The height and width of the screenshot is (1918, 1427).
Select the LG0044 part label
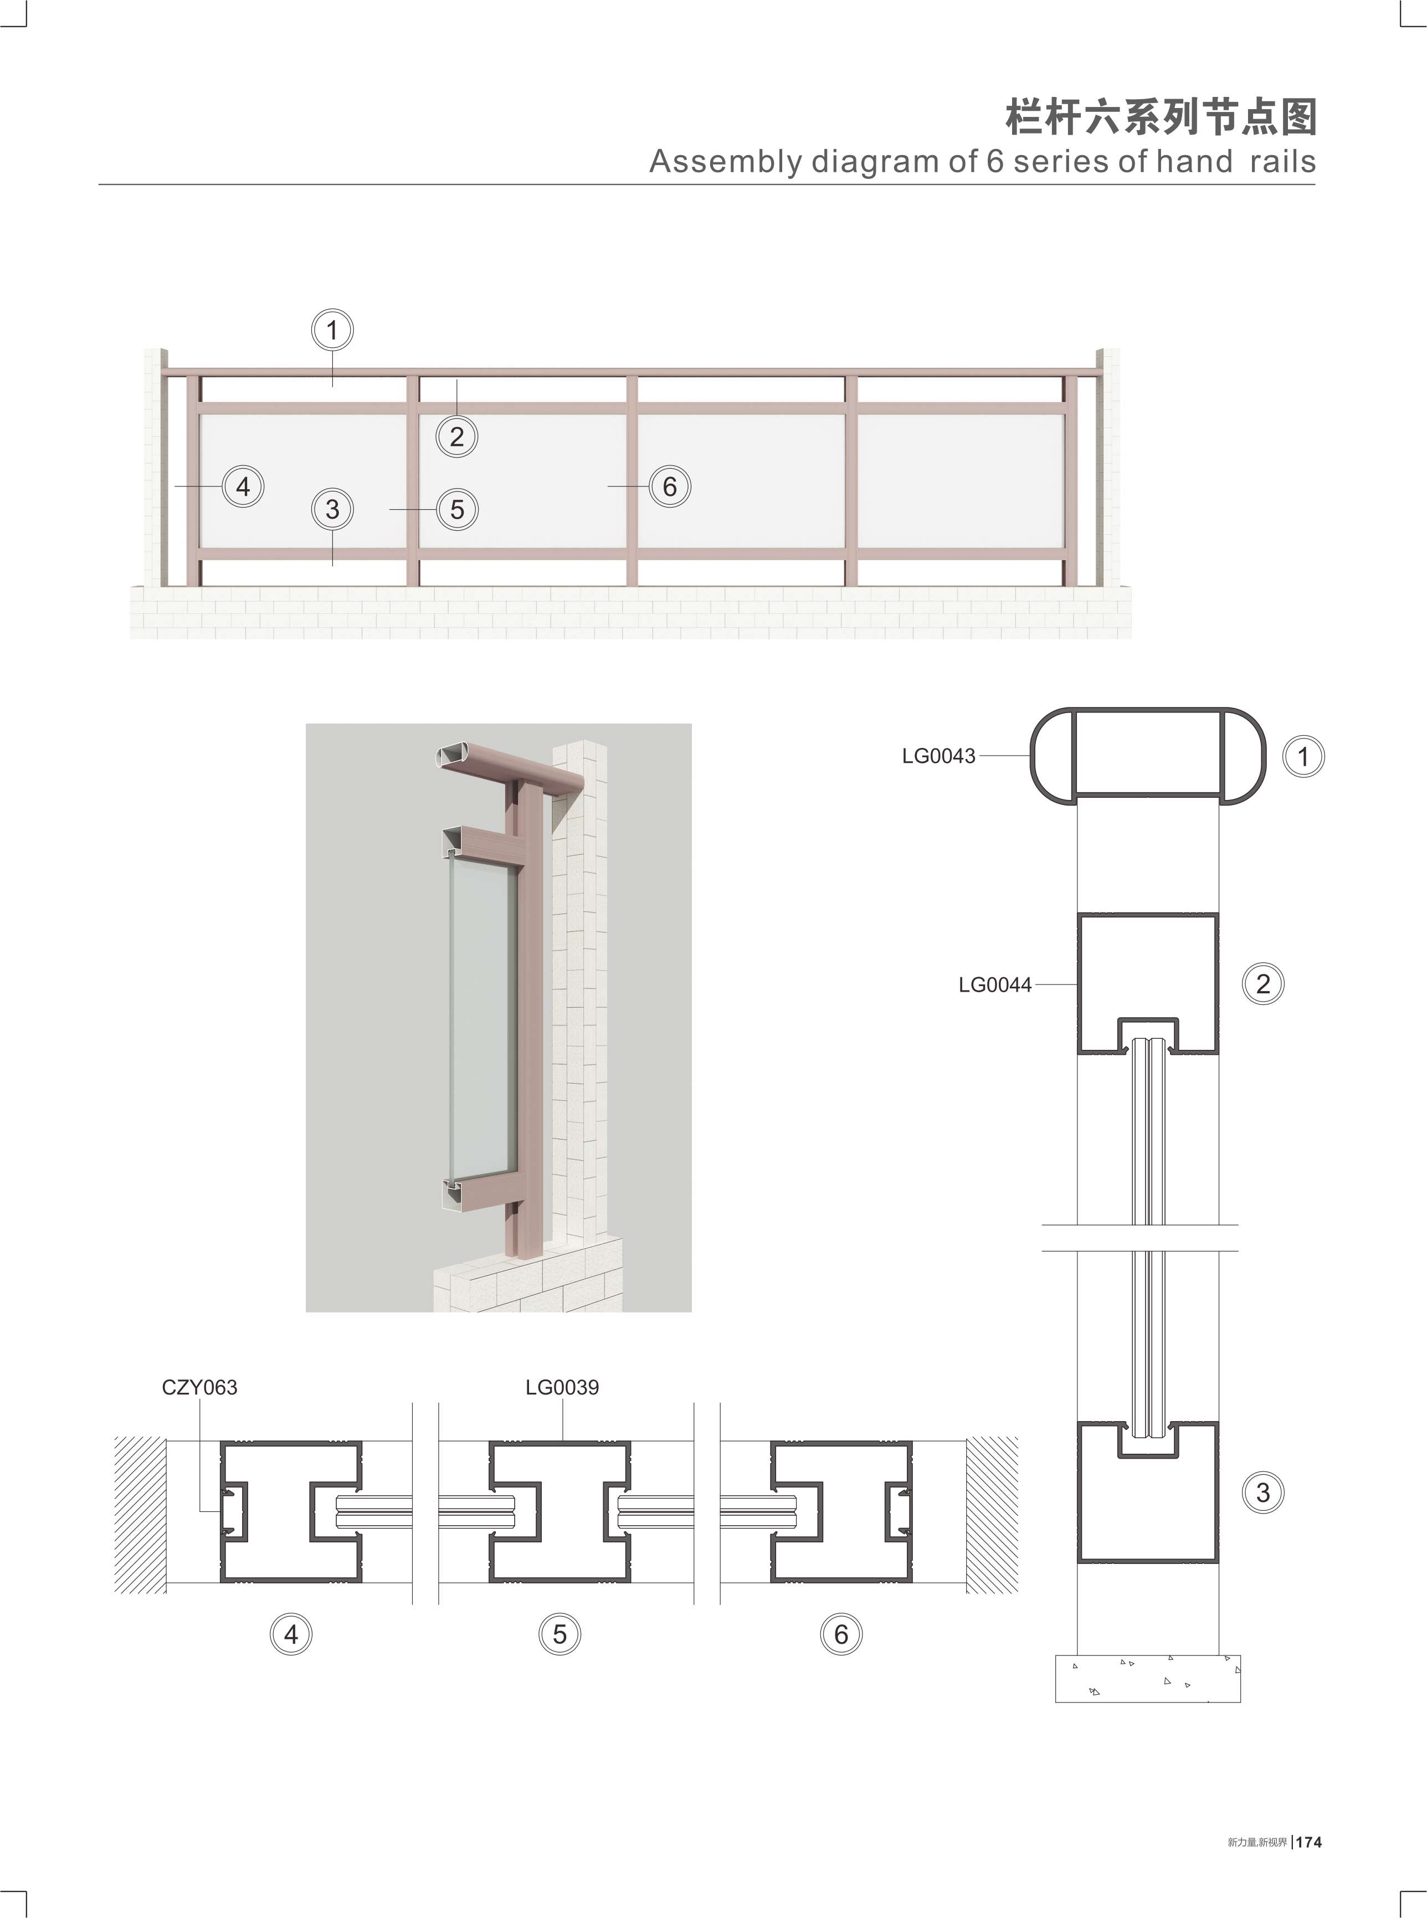(x=995, y=985)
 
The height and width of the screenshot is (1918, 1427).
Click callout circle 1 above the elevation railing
(x=332, y=330)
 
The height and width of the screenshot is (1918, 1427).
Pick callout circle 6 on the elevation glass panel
(x=669, y=486)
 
